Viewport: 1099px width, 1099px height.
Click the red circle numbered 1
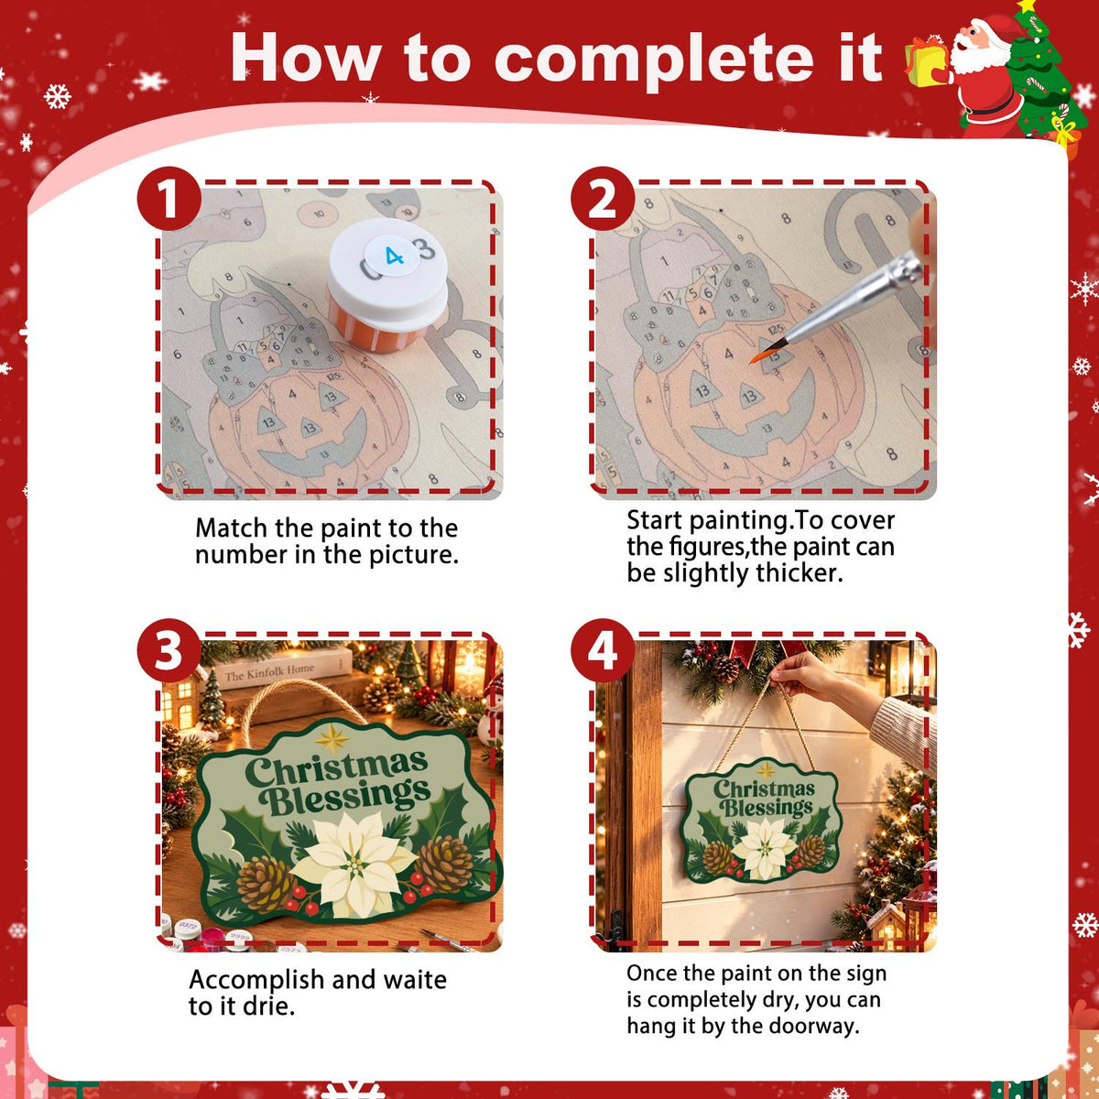169,199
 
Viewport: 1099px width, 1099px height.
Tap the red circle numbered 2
603,199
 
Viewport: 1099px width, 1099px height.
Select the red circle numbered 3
169,650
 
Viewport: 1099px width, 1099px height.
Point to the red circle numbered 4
603,650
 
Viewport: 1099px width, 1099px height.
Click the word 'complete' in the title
654,60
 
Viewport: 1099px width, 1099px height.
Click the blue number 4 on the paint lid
394,256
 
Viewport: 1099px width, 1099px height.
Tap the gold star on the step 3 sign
332,738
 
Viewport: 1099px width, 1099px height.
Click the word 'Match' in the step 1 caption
231,528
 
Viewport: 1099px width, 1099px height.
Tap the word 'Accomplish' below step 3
256,980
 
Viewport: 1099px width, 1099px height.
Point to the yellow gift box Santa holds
925,63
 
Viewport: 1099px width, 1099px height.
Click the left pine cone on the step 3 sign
266,884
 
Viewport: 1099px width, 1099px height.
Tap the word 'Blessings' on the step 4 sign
766,808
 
